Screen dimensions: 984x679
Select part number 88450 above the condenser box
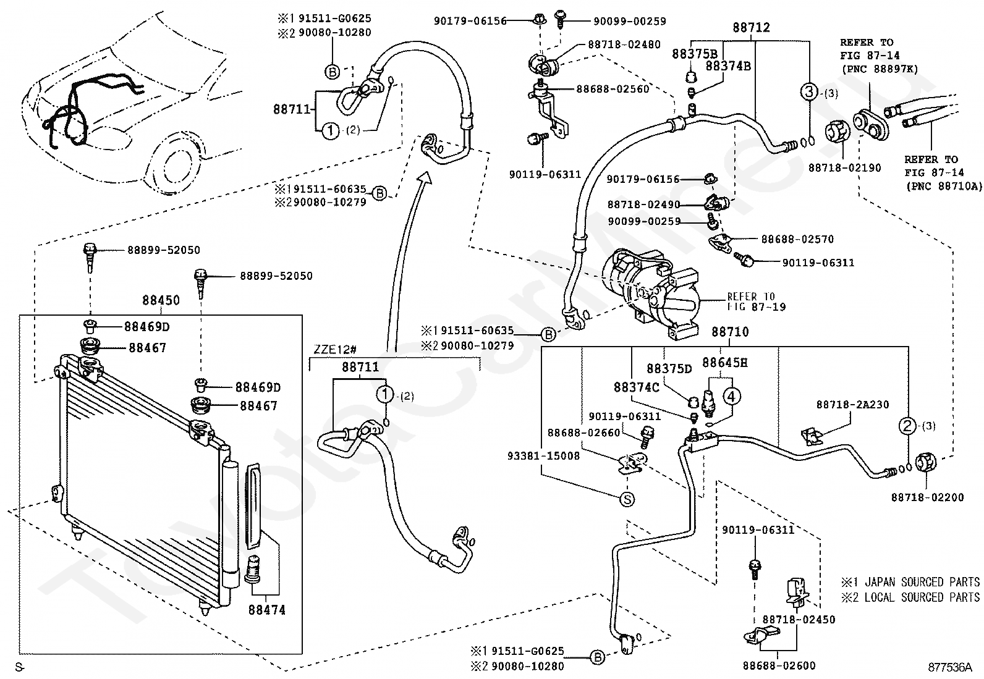[161, 300]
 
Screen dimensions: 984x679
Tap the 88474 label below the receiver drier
[266, 610]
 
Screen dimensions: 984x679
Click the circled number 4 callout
[731, 397]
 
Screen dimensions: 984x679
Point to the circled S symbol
[627, 499]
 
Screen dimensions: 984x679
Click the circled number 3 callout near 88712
[809, 92]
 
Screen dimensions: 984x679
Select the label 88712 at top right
[751, 28]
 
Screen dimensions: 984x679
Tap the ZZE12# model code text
[335, 350]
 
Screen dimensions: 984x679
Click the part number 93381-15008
[543, 456]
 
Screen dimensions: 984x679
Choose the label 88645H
[725, 363]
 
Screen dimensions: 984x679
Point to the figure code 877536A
[950, 668]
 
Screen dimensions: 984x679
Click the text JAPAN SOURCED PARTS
[922, 583]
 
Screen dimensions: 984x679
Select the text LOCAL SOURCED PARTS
[922, 597]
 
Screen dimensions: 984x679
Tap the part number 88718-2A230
[852, 405]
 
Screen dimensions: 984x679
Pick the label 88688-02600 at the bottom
[779, 666]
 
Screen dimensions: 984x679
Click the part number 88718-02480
[624, 44]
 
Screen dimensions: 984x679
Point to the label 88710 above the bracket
[730, 332]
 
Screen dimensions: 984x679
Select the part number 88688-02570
[797, 239]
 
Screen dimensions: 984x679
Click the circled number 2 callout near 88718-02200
[907, 426]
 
